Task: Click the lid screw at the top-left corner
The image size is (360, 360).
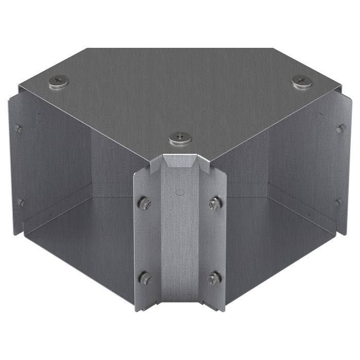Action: [58, 81]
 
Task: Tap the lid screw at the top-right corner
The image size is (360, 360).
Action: [302, 81]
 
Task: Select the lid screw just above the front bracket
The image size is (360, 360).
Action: [180, 138]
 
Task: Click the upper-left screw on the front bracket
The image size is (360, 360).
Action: [145, 204]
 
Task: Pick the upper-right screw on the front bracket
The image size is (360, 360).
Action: [214, 204]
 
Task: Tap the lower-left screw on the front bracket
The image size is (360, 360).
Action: [145, 278]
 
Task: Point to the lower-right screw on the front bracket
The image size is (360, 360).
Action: [214, 279]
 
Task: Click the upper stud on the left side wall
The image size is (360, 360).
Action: [19, 128]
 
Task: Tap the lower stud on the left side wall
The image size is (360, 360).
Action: [21, 202]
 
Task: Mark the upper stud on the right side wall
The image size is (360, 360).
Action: [340, 128]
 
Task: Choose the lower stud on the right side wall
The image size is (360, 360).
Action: [338, 202]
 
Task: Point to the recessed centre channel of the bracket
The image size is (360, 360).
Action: [179, 242]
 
